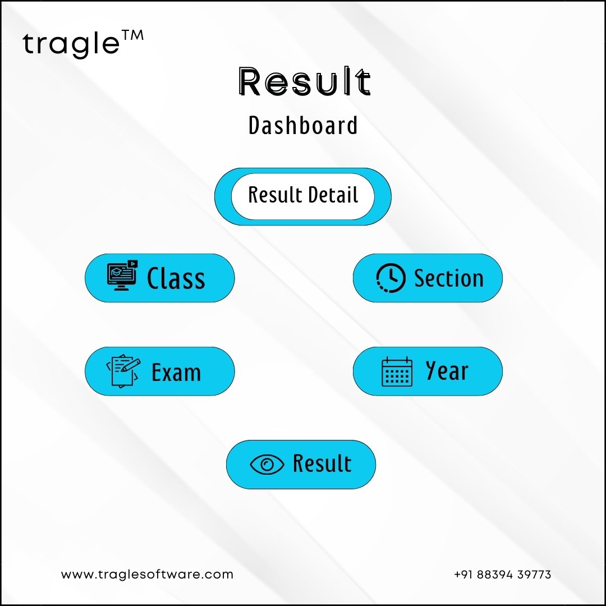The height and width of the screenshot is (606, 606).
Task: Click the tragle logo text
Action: pos(71,44)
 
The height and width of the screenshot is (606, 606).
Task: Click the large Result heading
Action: pos(305,81)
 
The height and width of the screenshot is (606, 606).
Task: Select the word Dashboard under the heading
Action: pos(303,125)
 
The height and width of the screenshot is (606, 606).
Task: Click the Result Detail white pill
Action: pos(303,196)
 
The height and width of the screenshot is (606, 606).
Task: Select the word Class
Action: pos(176,278)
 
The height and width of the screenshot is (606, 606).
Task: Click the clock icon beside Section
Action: pos(391,278)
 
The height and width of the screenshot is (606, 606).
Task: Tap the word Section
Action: pos(449,278)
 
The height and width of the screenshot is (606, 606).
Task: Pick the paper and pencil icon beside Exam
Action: pos(123,371)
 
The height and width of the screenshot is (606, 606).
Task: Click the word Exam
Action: pos(176,372)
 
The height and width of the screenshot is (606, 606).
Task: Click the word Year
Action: pos(447,370)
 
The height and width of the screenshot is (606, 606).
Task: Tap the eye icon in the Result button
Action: pos(267,464)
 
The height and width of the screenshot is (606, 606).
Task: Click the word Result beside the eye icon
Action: pos(322,463)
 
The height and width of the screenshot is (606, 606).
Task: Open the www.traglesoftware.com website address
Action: pos(147,575)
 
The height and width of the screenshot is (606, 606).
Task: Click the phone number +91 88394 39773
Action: pos(502,575)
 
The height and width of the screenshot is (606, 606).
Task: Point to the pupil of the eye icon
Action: pos(267,465)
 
